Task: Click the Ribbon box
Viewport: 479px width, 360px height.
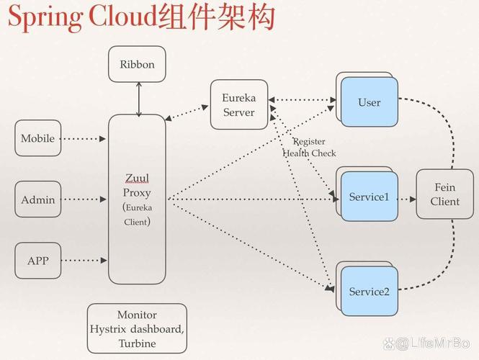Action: click(x=137, y=64)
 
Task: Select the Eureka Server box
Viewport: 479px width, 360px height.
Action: click(x=238, y=104)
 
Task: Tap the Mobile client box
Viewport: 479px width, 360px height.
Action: click(x=37, y=138)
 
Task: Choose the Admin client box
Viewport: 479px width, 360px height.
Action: click(x=37, y=199)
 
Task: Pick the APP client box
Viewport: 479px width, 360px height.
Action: click(x=37, y=261)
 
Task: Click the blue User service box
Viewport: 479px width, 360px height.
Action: click(x=369, y=102)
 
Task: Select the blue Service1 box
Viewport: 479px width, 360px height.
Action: click(x=369, y=197)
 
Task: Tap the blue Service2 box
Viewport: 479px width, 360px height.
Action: click(x=369, y=291)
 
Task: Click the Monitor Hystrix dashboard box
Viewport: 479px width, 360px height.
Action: click(x=137, y=328)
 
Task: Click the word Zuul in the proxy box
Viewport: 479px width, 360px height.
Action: click(x=137, y=178)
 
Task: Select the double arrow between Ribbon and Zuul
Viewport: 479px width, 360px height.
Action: click(x=138, y=99)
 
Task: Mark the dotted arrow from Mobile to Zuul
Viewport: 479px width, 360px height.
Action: click(x=84, y=138)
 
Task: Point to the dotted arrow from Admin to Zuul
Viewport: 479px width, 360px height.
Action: click(x=84, y=199)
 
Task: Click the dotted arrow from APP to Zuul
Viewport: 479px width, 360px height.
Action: click(x=84, y=261)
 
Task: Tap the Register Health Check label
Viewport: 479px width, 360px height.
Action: click(x=309, y=148)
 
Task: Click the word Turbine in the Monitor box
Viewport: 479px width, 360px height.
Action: click(x=137, y=343)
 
